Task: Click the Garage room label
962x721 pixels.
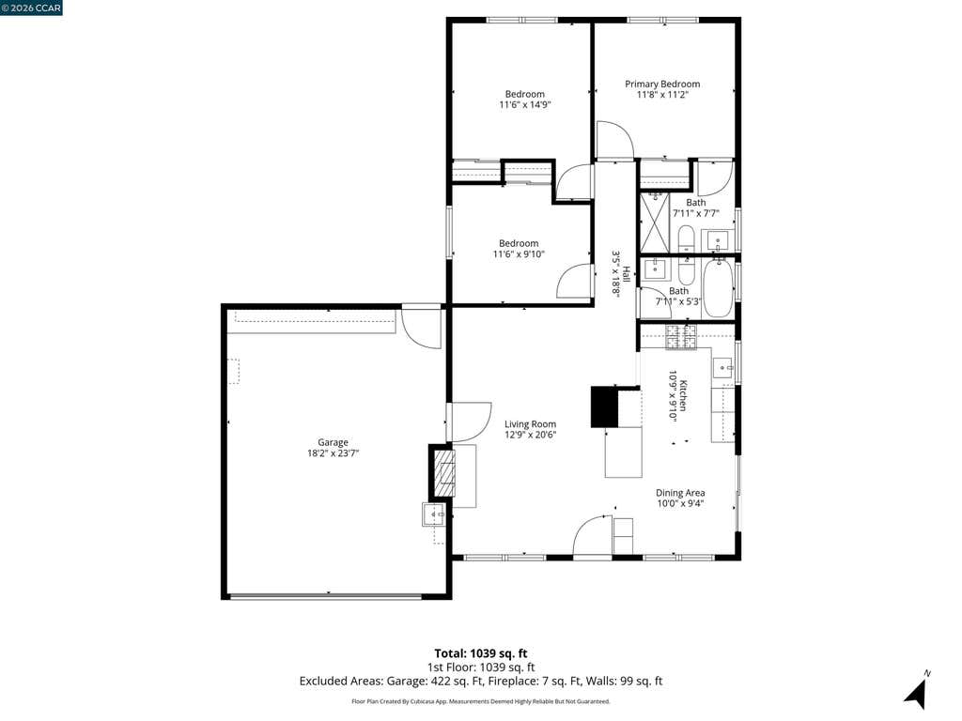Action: (333, 442)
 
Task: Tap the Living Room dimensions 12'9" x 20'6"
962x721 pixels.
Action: (530, 436)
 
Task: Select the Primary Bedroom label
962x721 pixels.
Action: (662, 84)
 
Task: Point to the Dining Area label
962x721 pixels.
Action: (680, 493)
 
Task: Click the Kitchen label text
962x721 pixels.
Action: (683, 396)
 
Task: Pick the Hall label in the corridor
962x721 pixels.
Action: (627, 273)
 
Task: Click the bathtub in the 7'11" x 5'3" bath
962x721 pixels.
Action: (719, 287)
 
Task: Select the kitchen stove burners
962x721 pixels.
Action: (682, 337)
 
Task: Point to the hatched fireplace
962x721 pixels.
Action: (443, 473)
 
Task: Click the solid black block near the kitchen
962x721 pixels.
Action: (604, 407)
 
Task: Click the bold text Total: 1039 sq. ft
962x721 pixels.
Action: (480, 653)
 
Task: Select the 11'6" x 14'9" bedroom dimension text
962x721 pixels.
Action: (524, 105)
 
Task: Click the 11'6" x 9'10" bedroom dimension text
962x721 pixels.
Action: (519, 253)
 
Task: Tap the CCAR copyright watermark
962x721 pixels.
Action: (31, 8)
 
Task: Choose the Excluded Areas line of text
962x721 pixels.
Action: (481, 682)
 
